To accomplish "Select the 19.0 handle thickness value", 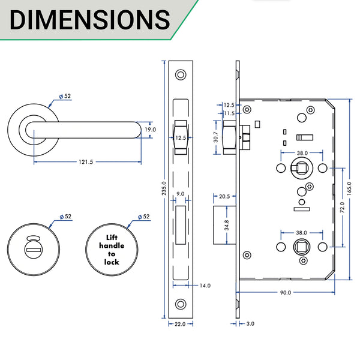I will tap(149, 129).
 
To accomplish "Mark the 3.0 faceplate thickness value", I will tap(249, 324).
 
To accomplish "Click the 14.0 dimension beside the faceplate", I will tap(205, 286).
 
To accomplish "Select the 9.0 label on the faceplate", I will tap(180, 194).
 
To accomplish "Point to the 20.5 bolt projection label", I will tap(224, 196).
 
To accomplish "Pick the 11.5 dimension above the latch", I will tap(229, 113).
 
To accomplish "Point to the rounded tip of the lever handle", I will tap(134, 130).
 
